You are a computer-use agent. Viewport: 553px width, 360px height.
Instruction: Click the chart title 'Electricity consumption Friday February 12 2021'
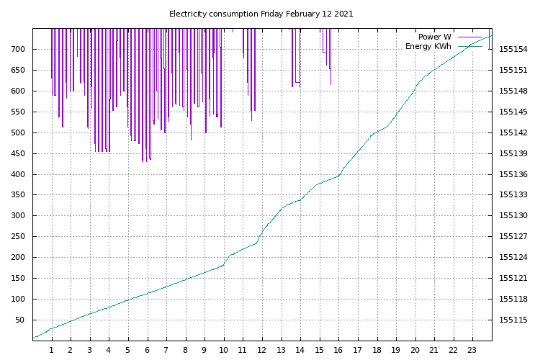point(261,14)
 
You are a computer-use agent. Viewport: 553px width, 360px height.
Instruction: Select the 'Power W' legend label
point(434,37)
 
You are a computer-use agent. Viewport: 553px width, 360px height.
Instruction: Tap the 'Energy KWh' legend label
point(428,46)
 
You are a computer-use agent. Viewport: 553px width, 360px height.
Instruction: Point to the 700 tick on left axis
point(18,49)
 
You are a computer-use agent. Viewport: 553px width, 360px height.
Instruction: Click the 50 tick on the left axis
point(20,320)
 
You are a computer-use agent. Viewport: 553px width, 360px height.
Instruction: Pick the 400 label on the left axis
point(18,174)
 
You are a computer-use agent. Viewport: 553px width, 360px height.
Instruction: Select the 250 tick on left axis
point(18,236)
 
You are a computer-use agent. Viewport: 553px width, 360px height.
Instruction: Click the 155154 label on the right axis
point(513,49)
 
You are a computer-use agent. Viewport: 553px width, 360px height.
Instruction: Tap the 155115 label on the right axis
point(513,320)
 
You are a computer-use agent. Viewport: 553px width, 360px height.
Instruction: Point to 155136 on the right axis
point(513,174)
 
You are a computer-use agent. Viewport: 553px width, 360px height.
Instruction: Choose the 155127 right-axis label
point(513,236)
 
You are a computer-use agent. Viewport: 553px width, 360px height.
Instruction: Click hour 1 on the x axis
point(52,350)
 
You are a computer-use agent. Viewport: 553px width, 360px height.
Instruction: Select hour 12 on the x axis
point(261,350)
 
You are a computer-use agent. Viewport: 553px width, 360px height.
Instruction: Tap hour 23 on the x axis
point(472,350)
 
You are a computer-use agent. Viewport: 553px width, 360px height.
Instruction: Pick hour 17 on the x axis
point(357,350)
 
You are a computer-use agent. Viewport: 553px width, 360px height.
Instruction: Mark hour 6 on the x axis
point(147,350)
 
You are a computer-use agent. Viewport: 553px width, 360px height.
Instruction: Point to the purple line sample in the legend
point(470,37)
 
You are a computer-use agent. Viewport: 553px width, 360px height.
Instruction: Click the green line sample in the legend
point(470,46)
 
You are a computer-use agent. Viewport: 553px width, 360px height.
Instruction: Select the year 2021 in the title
point(343,14)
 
